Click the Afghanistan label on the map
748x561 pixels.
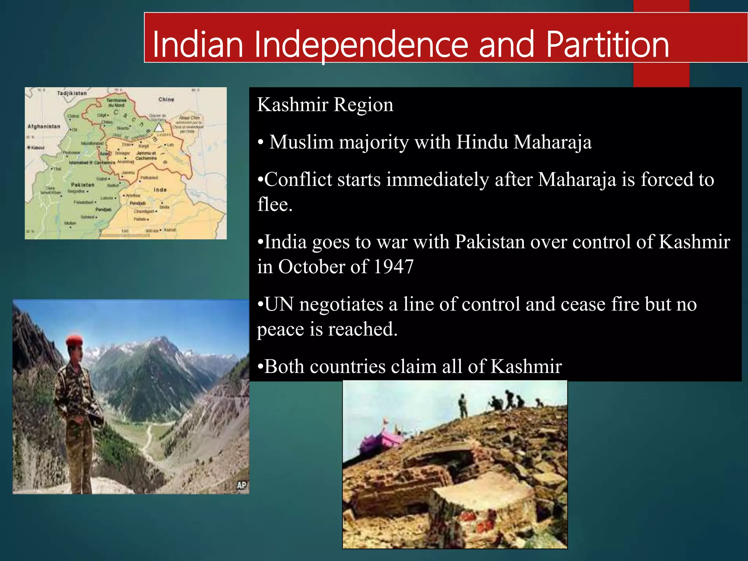coord(44,126)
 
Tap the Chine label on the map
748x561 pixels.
coord(166,99)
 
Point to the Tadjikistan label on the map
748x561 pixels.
coord(72,93)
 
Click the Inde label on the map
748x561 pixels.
coord(160,190)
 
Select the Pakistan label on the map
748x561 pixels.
coord(83,185)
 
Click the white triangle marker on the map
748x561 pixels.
coord(159,127)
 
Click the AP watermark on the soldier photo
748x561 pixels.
coord(241,485)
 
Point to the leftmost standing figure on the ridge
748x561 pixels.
coord(463,406)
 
